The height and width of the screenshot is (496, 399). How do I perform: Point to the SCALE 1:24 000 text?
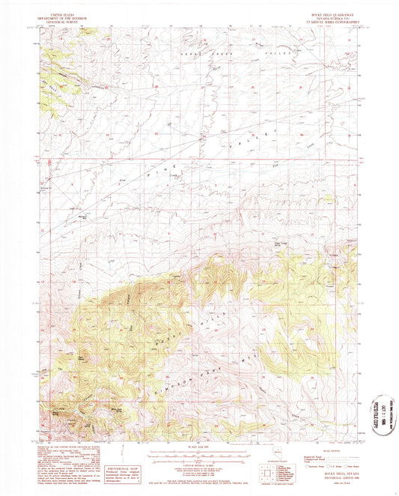(x=200, y=448)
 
